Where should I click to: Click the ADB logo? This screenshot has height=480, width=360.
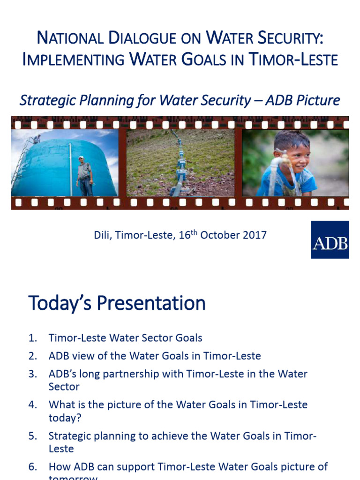pos(330,240)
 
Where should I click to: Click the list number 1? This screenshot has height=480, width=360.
pos(32,337)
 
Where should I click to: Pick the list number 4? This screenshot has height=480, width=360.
pos(32,405)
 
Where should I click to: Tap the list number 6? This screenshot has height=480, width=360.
pos(32,467)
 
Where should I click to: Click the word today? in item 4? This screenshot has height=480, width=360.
pos(62,417)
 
